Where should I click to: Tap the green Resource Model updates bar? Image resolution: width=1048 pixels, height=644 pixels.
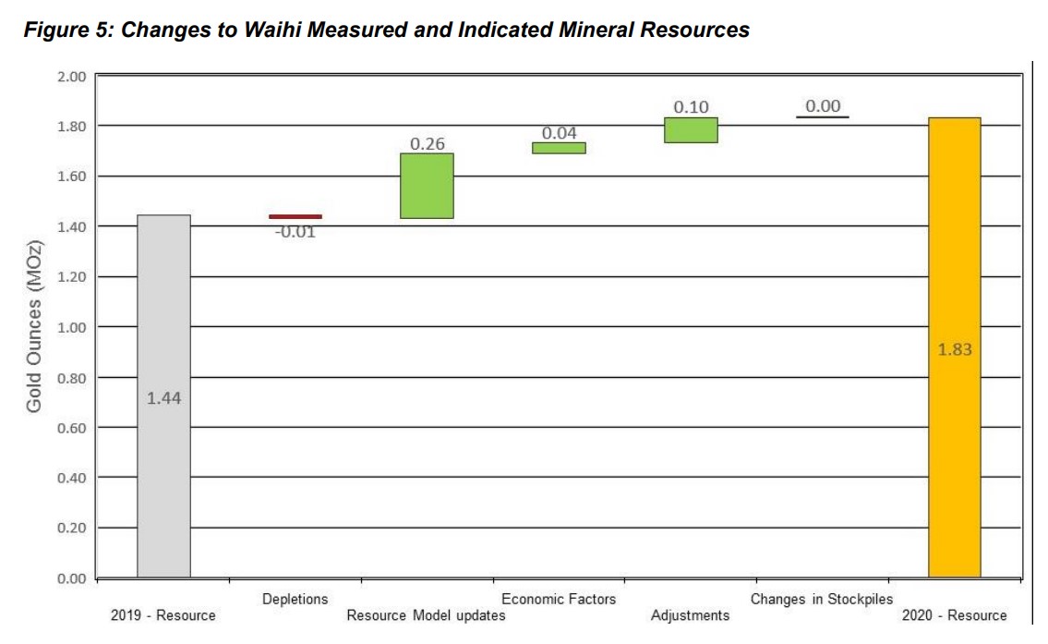pos(427,186)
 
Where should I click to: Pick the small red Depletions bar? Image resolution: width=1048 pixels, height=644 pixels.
pos(295,216)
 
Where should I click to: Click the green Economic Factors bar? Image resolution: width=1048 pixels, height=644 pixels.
pos(559,148)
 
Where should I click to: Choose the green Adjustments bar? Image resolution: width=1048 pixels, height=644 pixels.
pos(691,130)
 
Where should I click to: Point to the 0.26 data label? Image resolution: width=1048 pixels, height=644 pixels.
pos(427,144)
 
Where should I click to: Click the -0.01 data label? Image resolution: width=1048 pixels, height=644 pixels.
pos(295,232)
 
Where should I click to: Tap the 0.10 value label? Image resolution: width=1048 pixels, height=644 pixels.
pos(691,107)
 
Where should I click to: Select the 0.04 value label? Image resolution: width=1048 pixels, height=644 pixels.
pos(559,134)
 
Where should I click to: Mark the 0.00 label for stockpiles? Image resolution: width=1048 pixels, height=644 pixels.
pos(823,106)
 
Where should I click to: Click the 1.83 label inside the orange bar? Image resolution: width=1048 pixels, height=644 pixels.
pos(955,350)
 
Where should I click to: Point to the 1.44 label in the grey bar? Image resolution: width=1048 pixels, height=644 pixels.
pos(163,399)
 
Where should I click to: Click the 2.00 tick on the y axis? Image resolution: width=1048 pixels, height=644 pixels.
pos(71,76)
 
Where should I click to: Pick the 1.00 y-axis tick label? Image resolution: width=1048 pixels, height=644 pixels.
pos(71,327)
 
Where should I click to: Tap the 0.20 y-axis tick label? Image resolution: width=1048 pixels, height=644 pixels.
pos(71,528)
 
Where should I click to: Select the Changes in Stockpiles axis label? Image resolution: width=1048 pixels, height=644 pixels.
pos(822,599)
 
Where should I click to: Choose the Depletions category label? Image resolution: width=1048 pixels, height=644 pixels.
pos(295,599)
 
